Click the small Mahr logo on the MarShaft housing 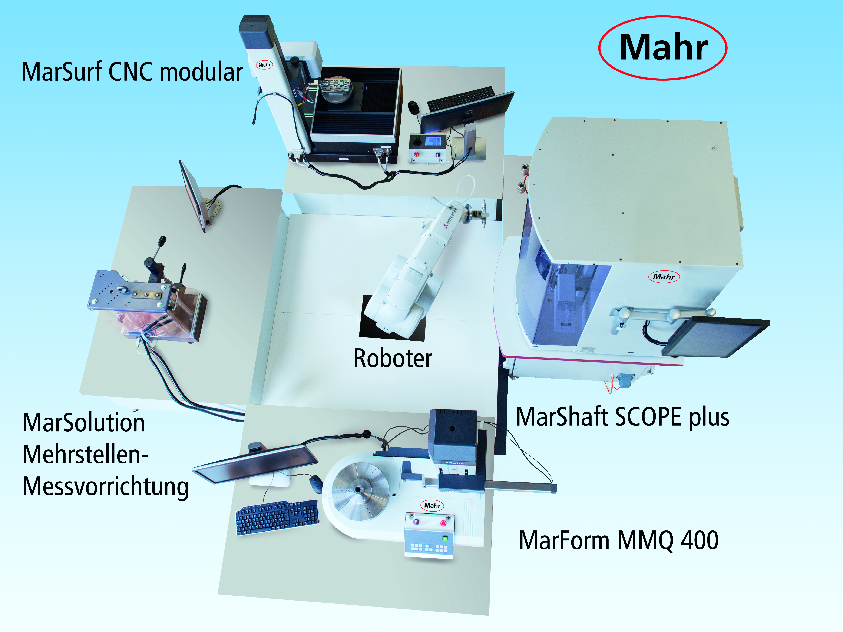tap(664, 277)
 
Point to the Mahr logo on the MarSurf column tap(264, 65)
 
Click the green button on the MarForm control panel tap(445, 539)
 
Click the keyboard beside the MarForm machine tap(277, 517)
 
